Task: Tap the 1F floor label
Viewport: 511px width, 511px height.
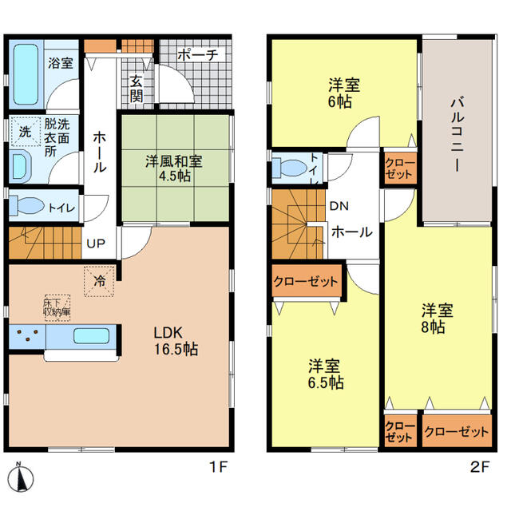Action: (x=218, y=467)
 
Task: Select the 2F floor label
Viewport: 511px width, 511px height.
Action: (x=480, y=467)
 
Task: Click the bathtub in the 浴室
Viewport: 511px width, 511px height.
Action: (x=26, y=74)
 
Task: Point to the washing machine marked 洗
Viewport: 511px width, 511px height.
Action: (x=26, y=131)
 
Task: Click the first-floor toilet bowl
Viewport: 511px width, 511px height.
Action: (x=27, y=206)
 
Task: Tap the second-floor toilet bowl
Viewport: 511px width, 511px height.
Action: (x=290, y=168)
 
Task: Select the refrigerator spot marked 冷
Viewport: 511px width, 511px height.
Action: (x=99, y=281)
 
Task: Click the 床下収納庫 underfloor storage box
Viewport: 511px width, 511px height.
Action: (x=57, y=307)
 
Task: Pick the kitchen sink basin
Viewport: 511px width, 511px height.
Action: (x=91, y=336)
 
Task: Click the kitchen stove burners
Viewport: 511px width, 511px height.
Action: (x=27, y=335)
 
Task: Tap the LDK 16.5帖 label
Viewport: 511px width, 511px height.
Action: (x=176, y=341)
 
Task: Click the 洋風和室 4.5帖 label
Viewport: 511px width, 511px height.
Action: (x=174, y=168)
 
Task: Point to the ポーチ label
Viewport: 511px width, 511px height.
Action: (x=198, y=55)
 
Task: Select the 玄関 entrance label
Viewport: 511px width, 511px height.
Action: (x=137, y=89)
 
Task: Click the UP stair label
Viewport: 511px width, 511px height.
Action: (x=96, y=243)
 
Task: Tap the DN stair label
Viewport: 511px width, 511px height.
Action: (x=339, y=206)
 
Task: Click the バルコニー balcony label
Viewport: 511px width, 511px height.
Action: (x=458, y=134)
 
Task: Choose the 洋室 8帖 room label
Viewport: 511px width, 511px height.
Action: (x=437, y=319)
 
